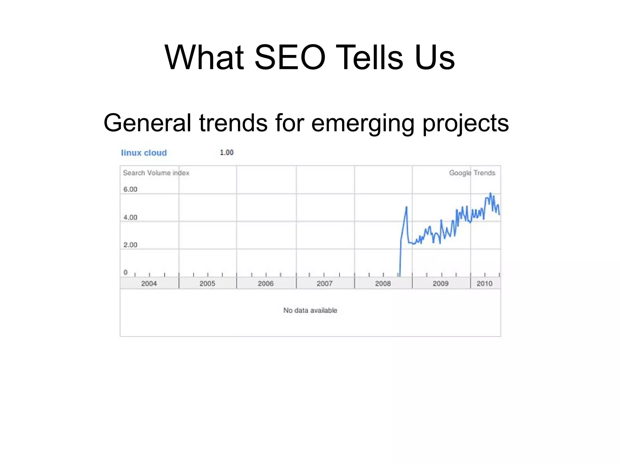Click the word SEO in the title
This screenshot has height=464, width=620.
[290, 57]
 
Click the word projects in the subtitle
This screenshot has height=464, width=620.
[466, 123]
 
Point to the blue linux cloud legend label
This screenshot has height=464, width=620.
[144, 153]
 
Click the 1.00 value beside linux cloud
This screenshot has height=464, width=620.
[226, 153]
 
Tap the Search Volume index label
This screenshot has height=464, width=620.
[156, 173]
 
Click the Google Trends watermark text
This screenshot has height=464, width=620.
[472, 173]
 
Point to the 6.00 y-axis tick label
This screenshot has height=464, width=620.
[130, 190]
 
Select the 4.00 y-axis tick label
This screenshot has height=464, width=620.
[130, 217]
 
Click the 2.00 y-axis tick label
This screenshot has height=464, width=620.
[130, 245]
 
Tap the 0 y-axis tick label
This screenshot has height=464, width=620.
[125, 272]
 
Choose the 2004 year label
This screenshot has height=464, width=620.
[149, 284]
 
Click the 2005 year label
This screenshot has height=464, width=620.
[207, 284]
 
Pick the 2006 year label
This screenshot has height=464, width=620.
[265, 284]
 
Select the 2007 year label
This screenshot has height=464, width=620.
[324, 284]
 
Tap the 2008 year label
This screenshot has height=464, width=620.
[383, 284]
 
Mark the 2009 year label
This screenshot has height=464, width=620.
[440, 284]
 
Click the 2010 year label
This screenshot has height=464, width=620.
[484, 284]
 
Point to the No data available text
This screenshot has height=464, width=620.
[310, 310]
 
